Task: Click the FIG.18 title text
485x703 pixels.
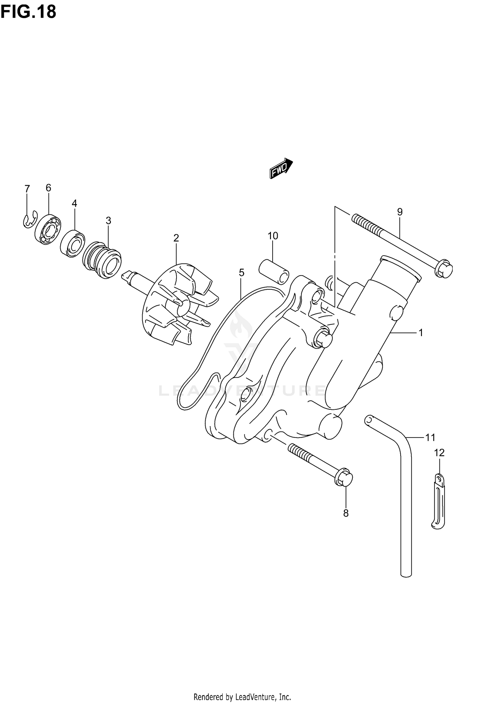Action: point(28,12)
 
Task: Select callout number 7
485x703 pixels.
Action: point(27,188)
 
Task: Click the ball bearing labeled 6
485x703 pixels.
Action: point(48,229)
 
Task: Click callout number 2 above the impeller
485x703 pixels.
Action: point(176,238)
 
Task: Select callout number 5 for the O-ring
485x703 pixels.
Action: point(242,273)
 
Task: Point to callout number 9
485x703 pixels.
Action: point(400,212)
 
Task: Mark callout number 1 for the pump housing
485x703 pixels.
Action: point(421,332)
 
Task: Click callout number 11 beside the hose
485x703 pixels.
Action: point(430,438)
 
